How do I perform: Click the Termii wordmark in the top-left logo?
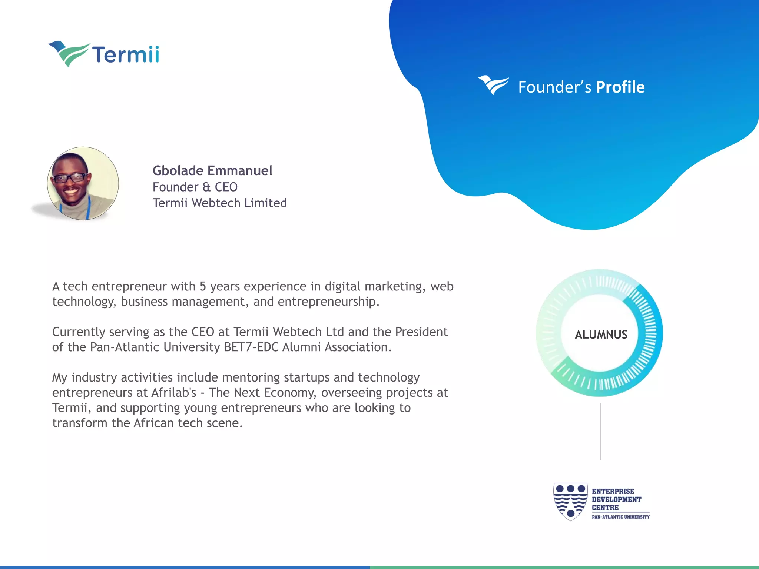[126, 54]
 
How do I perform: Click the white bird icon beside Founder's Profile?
[493, 85]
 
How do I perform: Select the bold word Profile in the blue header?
[620, 87]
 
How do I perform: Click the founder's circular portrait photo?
[83, 183]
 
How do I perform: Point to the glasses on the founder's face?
[70, 178]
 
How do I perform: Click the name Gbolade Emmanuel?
[212, 170]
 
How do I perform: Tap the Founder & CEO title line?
[195, 187]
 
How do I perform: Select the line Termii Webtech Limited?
[220, 203]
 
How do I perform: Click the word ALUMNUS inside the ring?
[601, 335]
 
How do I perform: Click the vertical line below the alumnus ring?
[600, 432]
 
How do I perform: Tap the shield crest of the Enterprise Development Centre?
[570, 501]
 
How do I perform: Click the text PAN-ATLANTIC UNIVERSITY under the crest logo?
[620, 517]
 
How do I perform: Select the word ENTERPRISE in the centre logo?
[613, 491]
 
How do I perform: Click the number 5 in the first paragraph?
[203, 286]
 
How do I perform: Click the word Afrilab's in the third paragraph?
[173, 393]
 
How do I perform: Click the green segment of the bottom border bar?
[563, 567]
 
